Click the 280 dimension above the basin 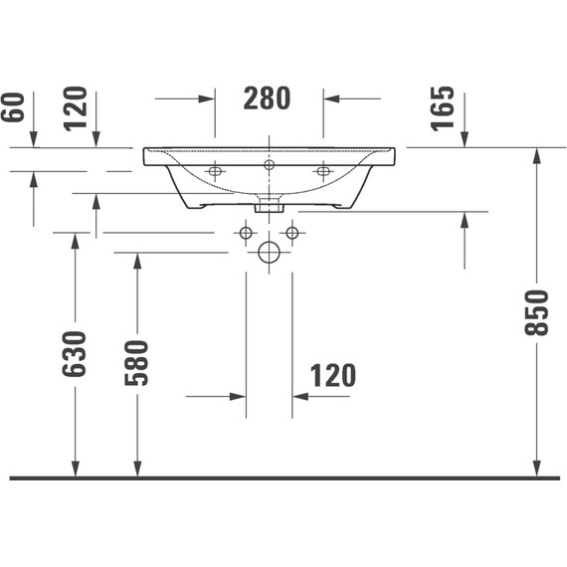coord(267,98)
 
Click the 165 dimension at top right coord(444,109)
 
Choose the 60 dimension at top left coord(14,108)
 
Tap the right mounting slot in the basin coord(322,172)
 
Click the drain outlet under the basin coord(269,207)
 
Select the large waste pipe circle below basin coord(269,252)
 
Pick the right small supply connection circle coord(291,233)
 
